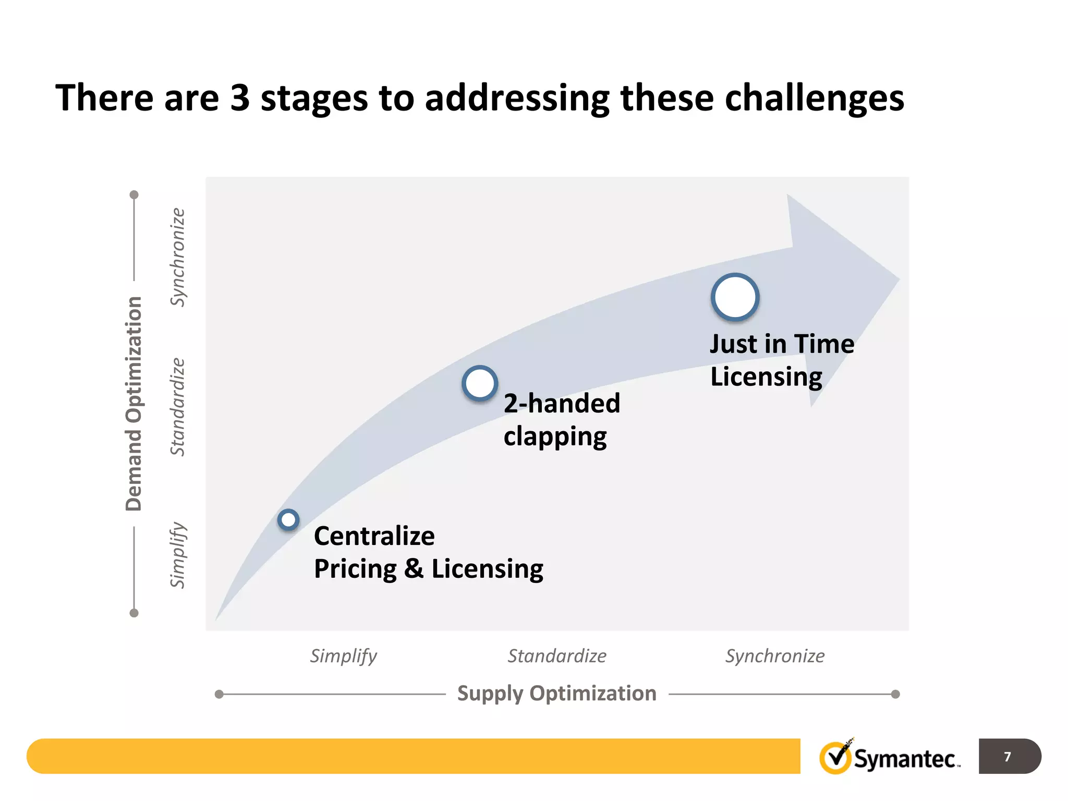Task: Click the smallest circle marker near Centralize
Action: pos(288,519)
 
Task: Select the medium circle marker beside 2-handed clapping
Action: pos(480,384)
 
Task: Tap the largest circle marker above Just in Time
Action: pos(735,297)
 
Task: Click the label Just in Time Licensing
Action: pos(781,360)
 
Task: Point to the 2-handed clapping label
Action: pos(561,419)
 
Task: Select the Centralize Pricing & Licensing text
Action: pos(428,552)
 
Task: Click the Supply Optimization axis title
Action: pos(556,694)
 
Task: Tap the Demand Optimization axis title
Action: pos(134,403)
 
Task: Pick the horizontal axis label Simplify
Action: pos(343,656)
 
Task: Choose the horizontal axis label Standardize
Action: pos(557,656)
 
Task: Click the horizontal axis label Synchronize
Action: pos(775,656)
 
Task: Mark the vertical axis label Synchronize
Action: pos(178,257)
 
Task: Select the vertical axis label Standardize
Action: pos(178,407)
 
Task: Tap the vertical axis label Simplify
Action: pos(178,555)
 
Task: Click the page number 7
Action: pos(1008,756)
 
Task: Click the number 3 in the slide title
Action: pos(240,98)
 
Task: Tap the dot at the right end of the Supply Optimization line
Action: pos(895,694)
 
